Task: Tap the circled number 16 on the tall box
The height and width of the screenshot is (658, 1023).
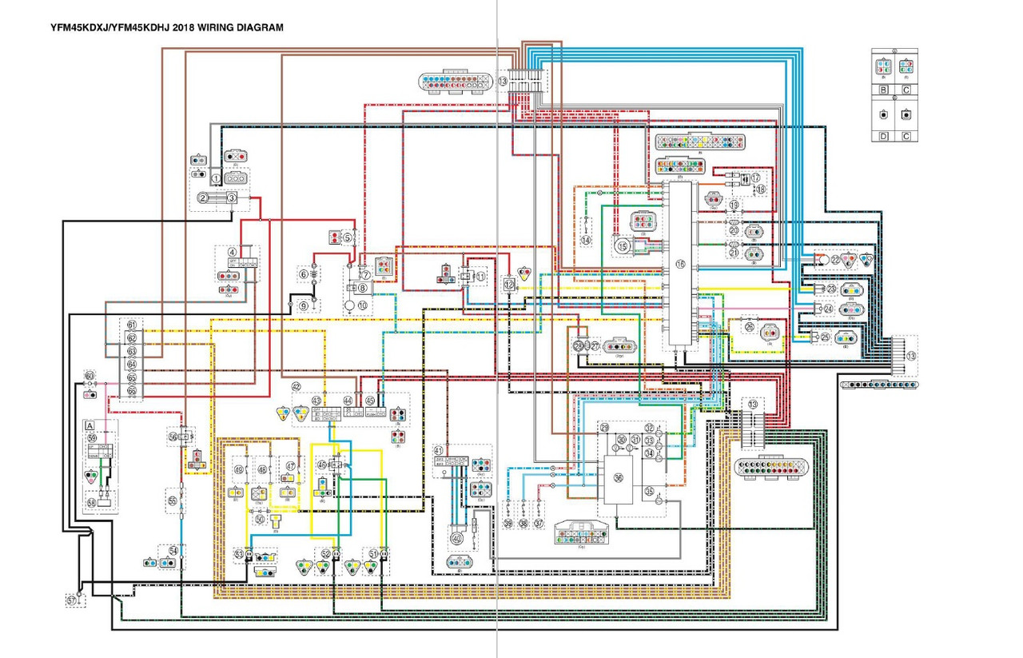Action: pyautogui.click(x=681, y=265)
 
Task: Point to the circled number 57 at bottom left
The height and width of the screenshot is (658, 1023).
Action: pyautogui.click(x=72, y=598)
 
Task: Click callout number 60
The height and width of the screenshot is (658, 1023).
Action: pyautogui.click(x=90, y=376)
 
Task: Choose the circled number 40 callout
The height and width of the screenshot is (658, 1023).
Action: pyautogui.click(x=456, y=538)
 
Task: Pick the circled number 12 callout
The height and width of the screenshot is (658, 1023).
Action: pyautogui.click(x=509, y=283)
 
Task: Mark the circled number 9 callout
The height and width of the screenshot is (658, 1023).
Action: pyautogui.click(x=304, y=305)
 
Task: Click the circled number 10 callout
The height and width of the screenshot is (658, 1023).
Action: pyautogui.click(x=362, y=305)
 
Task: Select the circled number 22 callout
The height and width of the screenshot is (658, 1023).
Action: pyautogui.click(x=835, y=260)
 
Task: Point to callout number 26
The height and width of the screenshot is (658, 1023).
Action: pyautogui.click(x=749, y=326)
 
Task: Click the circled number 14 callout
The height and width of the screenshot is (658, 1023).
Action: pyautogui.click(x=587, y=240)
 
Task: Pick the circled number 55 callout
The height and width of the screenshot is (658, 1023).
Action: pyautogui.click(x=172, y=501)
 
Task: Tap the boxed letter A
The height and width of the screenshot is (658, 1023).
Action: pyautogui.click(x=90, y=426)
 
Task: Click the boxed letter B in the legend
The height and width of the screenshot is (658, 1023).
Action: pyautogui.click(x=883, y=90)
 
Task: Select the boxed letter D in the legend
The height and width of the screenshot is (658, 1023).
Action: pyautogui.click(x=883, y=136)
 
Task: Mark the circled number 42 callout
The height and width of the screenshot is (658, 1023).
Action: pyautogui.click(x=296, y=387)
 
